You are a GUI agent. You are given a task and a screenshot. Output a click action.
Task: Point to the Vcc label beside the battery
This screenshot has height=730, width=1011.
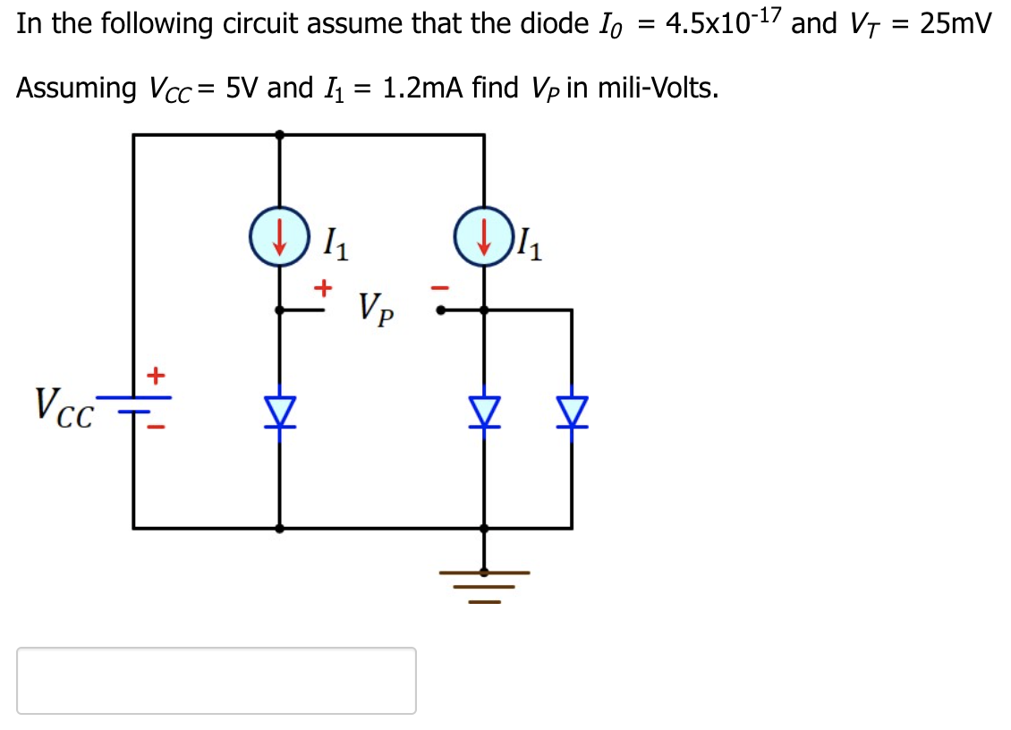[62, 406]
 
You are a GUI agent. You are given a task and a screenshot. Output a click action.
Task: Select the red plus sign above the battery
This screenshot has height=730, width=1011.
[157, 373]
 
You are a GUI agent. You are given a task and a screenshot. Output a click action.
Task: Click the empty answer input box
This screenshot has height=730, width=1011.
[217, 680]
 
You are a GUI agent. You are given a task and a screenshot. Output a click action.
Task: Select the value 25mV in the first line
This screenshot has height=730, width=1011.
[956, 24]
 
